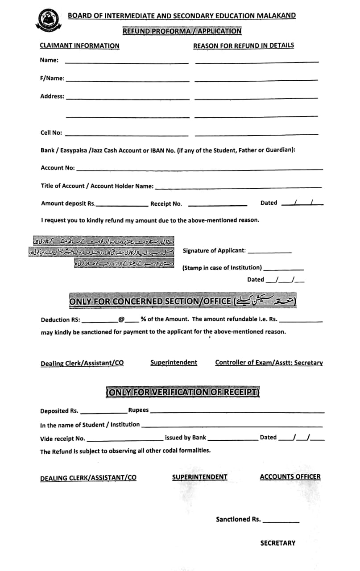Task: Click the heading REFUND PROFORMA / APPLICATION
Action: (182, 31)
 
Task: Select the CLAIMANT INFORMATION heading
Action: (79, 46)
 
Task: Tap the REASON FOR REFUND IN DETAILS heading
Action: (243, 46)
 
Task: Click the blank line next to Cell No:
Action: (127, 134)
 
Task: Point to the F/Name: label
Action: (52, 79)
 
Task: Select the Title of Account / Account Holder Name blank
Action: (238, 187)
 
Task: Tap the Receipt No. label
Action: (166, 204)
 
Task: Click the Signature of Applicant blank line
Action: (269, 252)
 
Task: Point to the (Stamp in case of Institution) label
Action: (222, 268)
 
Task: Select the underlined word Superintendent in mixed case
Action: (174, 363)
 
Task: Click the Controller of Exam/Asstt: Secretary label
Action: (269, 363)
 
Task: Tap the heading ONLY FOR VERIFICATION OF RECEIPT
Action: (182, 392)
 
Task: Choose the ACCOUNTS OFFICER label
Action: (290, 477)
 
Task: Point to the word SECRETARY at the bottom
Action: (277, 543)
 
